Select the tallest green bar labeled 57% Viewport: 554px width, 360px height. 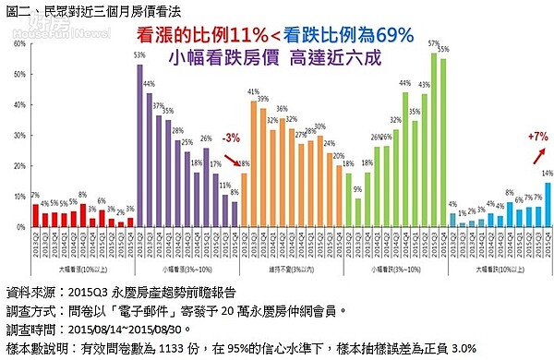pyautogui.click(x=433, y=139)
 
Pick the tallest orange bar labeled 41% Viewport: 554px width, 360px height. pyautogui.click(x=253, y=162)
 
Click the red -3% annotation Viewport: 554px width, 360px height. pyautogui.click(x=230, y=138)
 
